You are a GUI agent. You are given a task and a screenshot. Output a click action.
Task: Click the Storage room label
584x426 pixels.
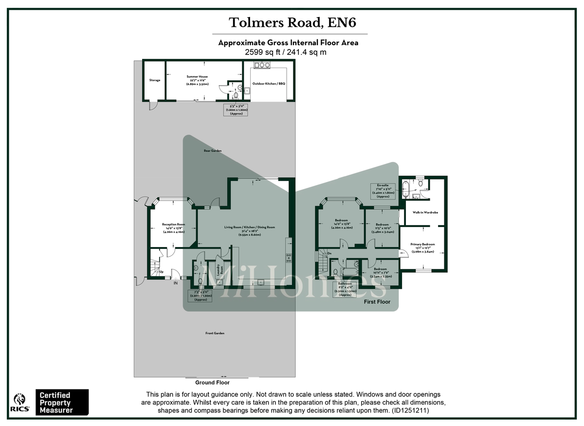pos(155,80)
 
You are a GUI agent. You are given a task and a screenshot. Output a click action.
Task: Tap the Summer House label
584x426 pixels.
pos(197,77)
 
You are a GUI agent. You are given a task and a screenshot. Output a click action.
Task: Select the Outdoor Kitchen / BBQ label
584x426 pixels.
pos(269,84)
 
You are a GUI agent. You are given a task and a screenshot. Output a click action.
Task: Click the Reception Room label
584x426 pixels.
pos(173,224)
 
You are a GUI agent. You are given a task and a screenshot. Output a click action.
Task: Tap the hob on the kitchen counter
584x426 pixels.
pos(288,256)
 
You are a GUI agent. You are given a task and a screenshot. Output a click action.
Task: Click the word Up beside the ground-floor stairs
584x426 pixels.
pos(161,271)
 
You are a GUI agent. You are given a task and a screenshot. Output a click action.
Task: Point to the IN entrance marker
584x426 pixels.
pos(176,283)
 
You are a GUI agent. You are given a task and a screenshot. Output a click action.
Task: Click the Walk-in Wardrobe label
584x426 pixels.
pos(425,213)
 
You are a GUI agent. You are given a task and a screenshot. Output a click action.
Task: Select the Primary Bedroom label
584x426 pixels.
pos(422,245)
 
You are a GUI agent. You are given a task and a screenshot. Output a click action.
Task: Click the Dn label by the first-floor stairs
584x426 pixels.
pos(329,253)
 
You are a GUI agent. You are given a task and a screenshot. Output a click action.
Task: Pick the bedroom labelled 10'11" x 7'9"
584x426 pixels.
pos(381,271)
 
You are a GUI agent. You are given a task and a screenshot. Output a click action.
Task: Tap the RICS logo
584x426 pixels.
pos(19,402)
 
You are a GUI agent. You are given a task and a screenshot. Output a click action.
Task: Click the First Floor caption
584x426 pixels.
pos(377,302)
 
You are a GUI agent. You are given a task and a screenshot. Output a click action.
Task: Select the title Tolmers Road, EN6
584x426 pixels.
pos(289,23)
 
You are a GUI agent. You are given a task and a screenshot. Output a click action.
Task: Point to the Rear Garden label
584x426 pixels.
pos(213,151)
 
